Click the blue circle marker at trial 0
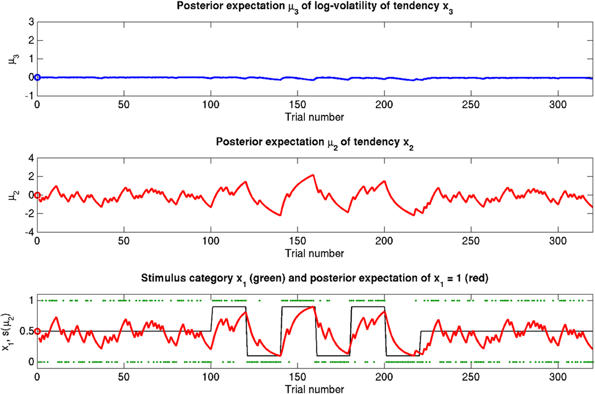click(x=37, y=77)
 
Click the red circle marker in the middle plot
click(x=37, y=195)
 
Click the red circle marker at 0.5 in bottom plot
click(x=37, y=331)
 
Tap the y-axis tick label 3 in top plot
click(x=31, y=22)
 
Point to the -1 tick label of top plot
click(x=29, y=96)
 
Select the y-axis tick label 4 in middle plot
click(x=31, y=158)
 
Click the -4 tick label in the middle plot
click(x=29, y=232)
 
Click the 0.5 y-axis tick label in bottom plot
click(x=26, y=331)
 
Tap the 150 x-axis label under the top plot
click(x=297, y=105)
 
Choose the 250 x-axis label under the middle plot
click(x=471, y=241)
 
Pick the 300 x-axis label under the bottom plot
click(x=558, y=377)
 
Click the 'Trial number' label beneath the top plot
click(x=314, y=117)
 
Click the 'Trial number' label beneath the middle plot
click(x=314, y=253)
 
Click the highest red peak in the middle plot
click(x=313, y=175)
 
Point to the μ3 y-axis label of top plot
click(x=14, y=59)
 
